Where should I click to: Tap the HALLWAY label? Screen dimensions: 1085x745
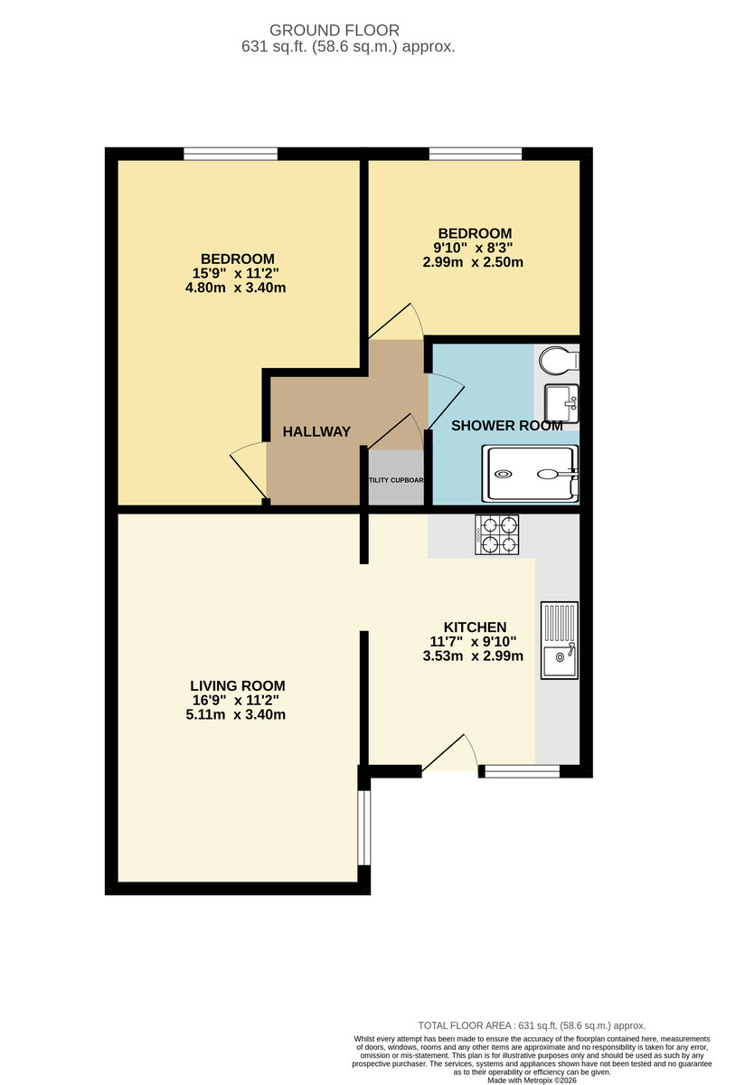316,432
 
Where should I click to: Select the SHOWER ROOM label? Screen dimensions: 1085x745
506,425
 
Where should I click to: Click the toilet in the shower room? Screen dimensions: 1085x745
557,361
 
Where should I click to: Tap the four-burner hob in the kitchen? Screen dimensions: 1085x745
497,533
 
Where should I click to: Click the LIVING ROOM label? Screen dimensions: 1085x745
238,685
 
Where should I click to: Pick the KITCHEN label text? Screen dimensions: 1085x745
475,627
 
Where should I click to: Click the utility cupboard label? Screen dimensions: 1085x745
396,480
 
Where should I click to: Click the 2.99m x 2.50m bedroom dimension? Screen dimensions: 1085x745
473,263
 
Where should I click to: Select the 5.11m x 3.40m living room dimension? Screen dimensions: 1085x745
238,715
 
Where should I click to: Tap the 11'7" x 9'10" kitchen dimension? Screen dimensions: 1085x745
473,642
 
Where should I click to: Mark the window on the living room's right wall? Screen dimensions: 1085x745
363,828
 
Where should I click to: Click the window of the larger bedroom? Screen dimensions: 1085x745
231,154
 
